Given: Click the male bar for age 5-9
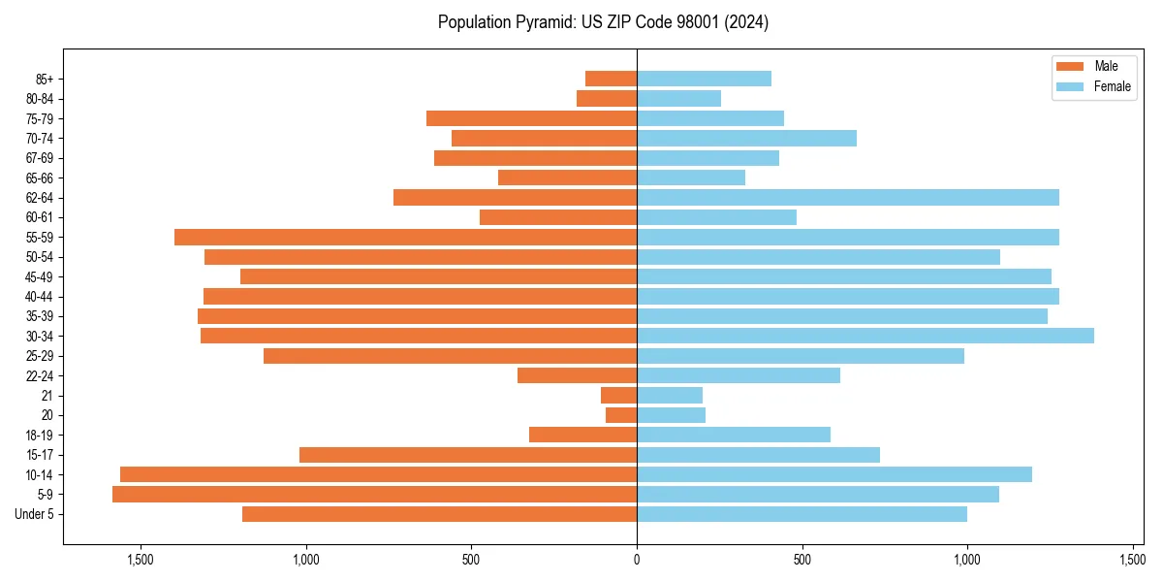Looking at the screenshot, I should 374,495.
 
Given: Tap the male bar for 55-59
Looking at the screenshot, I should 405,237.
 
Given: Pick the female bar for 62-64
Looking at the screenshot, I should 848,198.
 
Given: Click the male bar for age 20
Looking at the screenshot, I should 621,415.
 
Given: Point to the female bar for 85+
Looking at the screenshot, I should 704,79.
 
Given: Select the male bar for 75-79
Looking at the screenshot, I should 531,118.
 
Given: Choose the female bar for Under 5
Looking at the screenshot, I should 802,514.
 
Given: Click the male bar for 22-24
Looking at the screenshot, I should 577,375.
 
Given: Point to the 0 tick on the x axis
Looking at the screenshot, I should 637,561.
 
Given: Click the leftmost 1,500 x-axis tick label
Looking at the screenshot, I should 141,561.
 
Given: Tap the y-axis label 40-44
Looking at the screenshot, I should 39,297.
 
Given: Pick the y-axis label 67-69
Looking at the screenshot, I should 39,158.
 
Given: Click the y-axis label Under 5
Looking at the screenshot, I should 34,514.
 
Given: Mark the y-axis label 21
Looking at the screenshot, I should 47,396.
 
